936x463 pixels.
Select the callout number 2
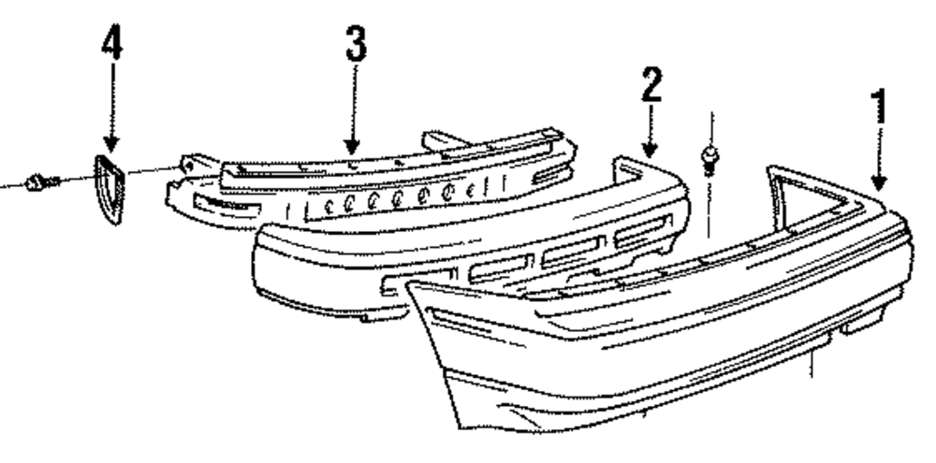tap(651, 86)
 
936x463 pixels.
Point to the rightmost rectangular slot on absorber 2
tap(643, 230)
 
